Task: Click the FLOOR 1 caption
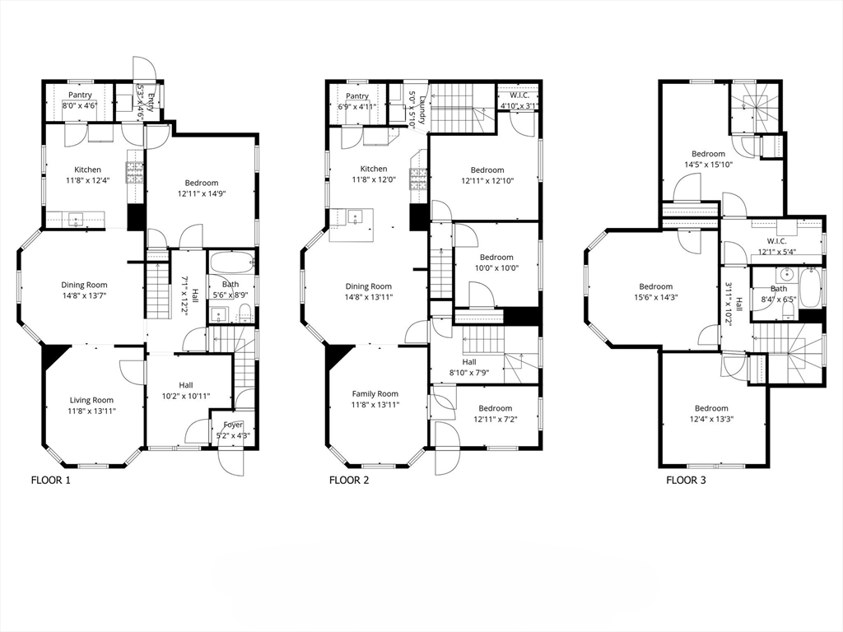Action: [50, 480]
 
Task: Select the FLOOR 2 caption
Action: [348, 480]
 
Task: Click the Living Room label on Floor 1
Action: [91, 400]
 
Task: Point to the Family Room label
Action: [375, 394]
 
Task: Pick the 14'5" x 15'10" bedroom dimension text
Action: [708, 164]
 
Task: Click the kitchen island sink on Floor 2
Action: [356, 218]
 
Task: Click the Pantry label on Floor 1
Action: [80, 95]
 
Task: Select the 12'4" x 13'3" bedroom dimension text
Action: [710, 419]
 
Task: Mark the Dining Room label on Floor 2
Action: [369, 286]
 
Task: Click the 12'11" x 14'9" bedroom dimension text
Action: [201, 193]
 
